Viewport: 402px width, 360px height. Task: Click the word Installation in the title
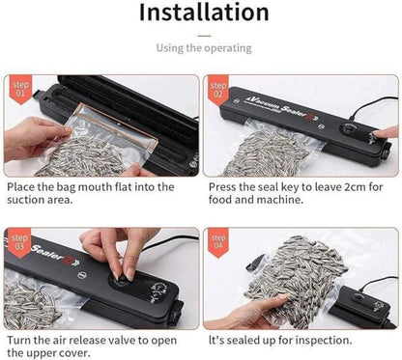(202, 13)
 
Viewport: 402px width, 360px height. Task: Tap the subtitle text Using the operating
(201, 47)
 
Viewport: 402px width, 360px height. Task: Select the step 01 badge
(19, 89)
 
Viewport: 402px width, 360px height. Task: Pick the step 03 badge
(19, 241)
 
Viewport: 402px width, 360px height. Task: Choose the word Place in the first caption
(22, 186)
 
